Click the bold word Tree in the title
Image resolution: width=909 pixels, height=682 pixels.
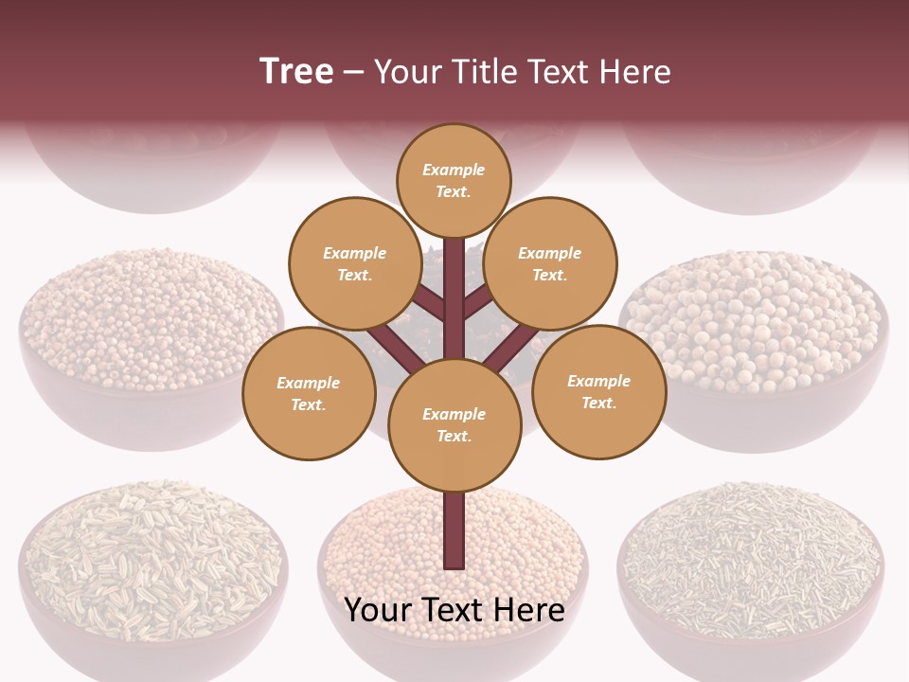pyautogui.click(x=296, y=71)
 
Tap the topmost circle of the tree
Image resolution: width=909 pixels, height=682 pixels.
pyautogui.click(x=454, y=180)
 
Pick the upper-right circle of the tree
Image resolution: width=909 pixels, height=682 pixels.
pyautogui.click(x=549, y=263)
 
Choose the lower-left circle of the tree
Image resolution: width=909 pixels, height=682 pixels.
pyautogui.click(x=309, y=393)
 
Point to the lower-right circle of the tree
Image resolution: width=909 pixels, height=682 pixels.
pyautogui.click(x=598, y=391)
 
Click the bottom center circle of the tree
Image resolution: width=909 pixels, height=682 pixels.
pyautogui.click(x=454, y=424)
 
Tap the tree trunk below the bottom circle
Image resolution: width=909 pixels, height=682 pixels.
pyautogui.click(x=454, y=530)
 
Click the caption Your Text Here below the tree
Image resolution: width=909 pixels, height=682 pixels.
pyautogui.click(x=454, y=610)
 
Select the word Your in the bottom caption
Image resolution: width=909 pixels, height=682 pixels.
pyautogui.click(x=379, y=610)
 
